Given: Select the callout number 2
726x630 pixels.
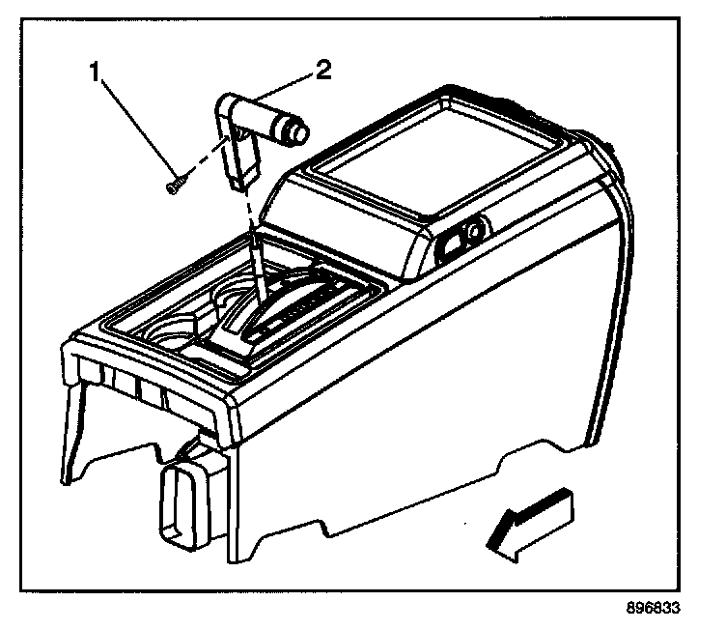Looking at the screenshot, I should (x=324, y=71).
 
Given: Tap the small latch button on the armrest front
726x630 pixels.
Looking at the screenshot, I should (x=472, y=232).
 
